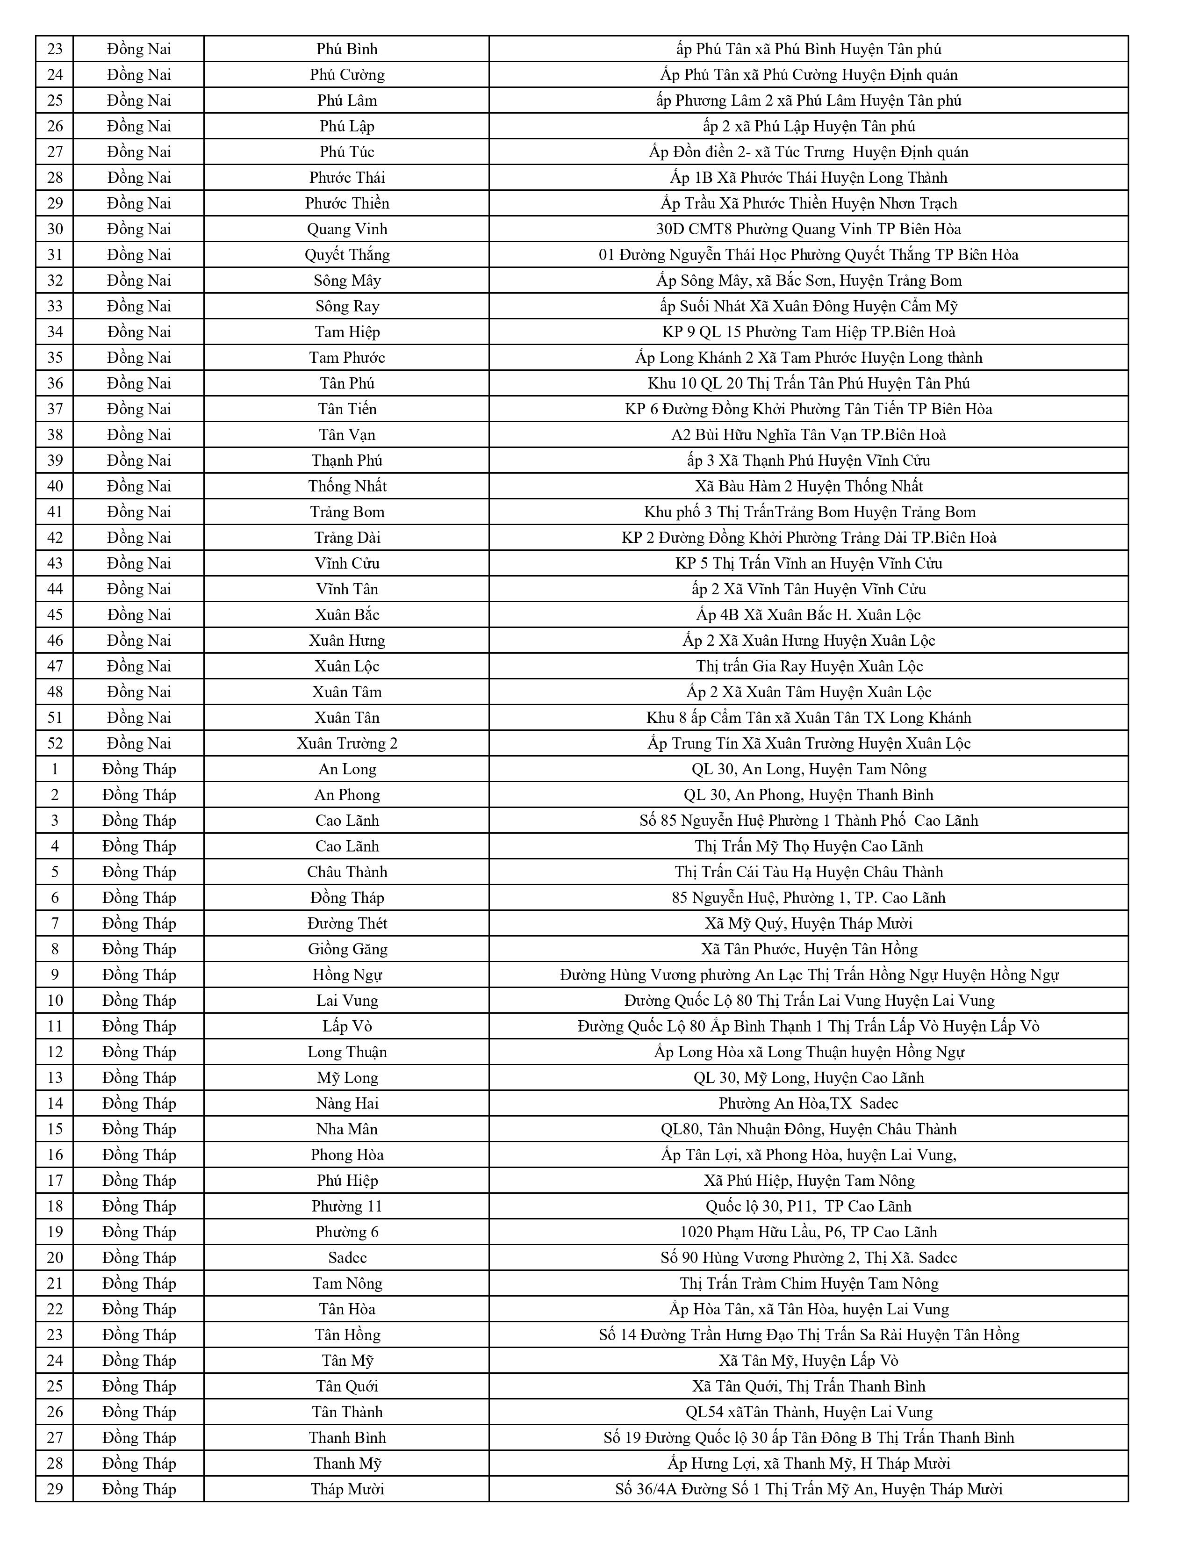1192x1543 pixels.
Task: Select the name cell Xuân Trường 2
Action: tap(347, 743)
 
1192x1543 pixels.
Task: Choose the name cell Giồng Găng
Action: tap(347, 949)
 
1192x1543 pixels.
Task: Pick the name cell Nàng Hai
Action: tap(347, 1103)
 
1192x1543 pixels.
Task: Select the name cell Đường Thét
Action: tap(347, 923)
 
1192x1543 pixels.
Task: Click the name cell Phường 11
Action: tap(347, 1206)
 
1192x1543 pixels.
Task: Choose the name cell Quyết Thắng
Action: tap(347, 254)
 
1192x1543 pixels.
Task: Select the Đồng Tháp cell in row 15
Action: tap(138, 1129)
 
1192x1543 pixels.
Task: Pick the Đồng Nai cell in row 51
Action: tap(138, 718)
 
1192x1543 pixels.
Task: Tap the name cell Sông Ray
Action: tap(347, 306)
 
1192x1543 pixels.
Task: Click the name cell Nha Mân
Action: tap(347, 1129)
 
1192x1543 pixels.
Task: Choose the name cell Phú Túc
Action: tap(347, 152)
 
